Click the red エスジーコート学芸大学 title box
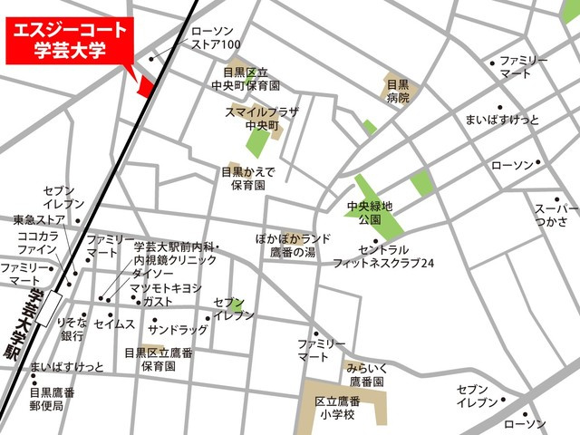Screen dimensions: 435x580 pos(68,42)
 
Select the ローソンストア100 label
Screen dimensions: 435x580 pos(215,37)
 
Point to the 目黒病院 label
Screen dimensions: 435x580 pos(398,91)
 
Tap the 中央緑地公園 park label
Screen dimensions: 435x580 pos(370,214)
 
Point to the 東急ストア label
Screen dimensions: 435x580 pos(39,219)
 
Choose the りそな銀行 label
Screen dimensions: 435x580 pos(72,330)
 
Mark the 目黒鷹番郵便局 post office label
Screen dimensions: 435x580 pos(53,400)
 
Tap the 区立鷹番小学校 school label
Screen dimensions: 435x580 pos(338,409)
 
